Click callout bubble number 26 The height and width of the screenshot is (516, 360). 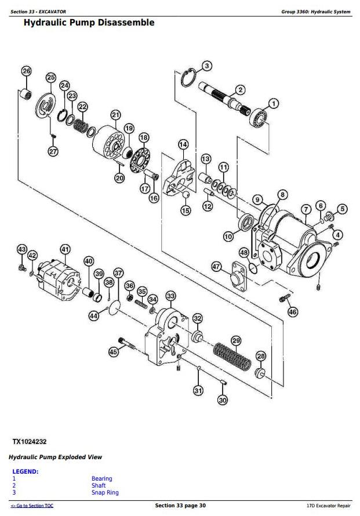click(x=26, y=71)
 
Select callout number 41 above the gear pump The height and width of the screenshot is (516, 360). click(x=65, y=250)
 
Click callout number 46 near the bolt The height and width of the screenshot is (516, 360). click(x=293, y=312)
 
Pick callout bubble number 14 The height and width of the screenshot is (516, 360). click(x=183, y=144)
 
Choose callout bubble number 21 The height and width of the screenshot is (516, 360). click(x=115, y=114)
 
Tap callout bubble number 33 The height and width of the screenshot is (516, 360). click(x=170, y=296)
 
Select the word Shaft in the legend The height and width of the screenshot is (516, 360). click(x=98, y=486)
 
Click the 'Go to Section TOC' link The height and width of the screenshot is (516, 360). click(x=32, y=506)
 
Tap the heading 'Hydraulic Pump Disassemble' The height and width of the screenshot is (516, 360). click(x=89, y=23)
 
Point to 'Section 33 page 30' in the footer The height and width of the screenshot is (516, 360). click(x=180, y=506)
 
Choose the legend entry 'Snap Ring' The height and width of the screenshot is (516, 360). click(x=105, y=493)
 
